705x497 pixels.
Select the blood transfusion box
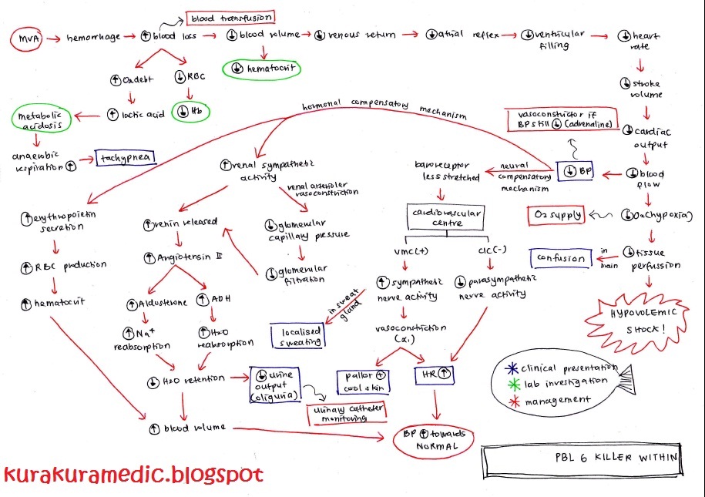[230, 18]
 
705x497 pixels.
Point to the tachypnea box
[126, 158]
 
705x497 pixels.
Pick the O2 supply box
[555, 214]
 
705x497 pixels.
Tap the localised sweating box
[299, 334]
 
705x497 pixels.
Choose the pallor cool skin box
[364, 379]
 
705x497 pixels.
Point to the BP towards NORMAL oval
[432, 440]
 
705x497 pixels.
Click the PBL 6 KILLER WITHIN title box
[582, 457]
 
